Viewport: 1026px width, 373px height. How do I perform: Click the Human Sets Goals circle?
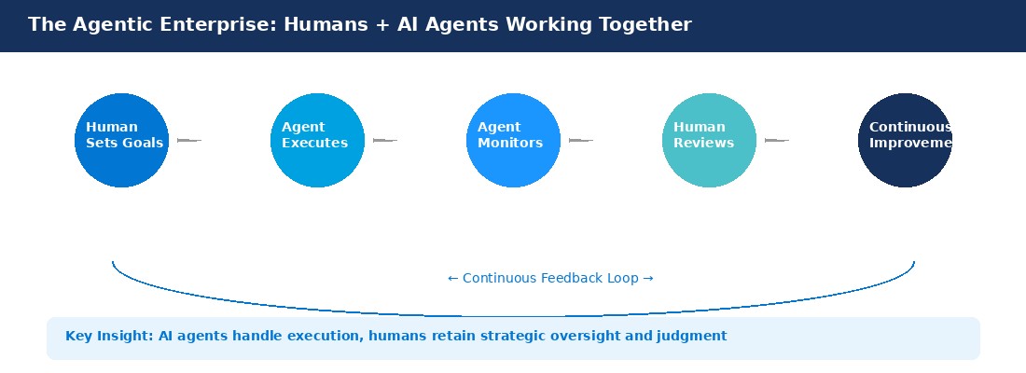coord(121,140)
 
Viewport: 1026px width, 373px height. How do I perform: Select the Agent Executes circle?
coord(317,140)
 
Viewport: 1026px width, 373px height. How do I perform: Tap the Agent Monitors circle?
coord(513,140)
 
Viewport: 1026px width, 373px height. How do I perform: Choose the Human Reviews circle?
coord(709,140)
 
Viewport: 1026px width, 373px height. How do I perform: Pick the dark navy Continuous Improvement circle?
coord(905,140)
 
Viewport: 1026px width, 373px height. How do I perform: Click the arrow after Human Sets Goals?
coord(189,140)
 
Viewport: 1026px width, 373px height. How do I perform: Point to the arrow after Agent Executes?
coord(384,140)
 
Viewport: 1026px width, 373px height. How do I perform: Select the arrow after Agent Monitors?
coord(580,140)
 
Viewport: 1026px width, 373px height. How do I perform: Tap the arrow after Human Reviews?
coord(777,140)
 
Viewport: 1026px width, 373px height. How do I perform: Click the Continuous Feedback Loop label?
coord(550,278)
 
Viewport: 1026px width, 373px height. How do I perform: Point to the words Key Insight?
coord(109,337)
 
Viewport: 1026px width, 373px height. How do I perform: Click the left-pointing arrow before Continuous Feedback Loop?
coord(452,279)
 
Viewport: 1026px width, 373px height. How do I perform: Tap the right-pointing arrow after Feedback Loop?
coord(648,279)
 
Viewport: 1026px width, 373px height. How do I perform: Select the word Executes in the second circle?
coord(314,143)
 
